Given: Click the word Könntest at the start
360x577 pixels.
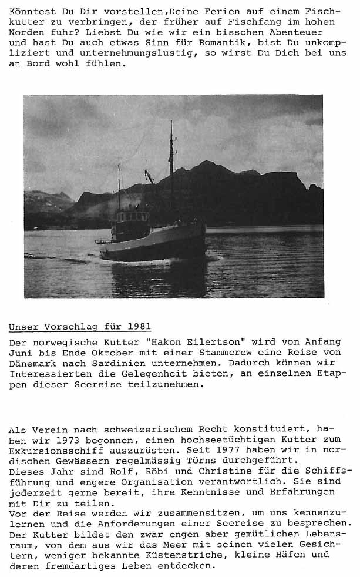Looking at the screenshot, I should [x=30, y=11].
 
